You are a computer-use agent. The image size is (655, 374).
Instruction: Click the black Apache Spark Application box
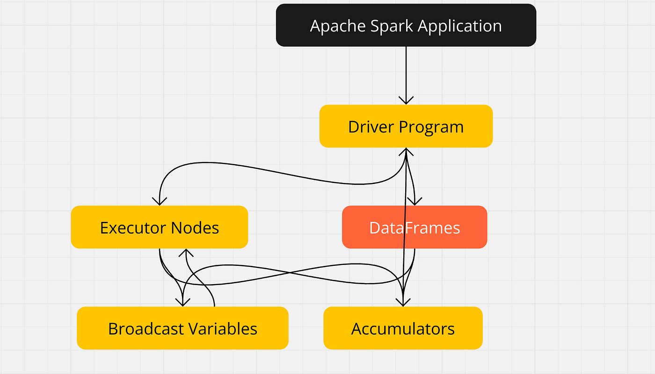(406, 25)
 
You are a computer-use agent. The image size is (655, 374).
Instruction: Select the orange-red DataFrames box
(415, 227)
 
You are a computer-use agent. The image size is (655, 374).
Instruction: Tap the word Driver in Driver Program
(371, 127)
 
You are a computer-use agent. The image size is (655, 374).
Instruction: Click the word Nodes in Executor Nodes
(195, 227)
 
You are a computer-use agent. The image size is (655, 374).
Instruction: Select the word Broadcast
(146, 329)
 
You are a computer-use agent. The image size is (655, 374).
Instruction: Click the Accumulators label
(403, 329)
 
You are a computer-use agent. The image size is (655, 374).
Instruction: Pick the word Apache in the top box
(338, 26)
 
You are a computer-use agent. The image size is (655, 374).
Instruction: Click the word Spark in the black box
(392, 26)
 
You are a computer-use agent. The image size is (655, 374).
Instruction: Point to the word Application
(459, 26)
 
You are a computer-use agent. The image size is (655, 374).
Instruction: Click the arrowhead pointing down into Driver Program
(406, 100)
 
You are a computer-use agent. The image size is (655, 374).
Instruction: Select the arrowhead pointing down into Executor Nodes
(160, 201)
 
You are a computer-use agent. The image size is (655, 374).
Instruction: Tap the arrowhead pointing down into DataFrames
(415, 201)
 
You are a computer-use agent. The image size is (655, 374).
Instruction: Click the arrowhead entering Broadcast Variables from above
(183, 302)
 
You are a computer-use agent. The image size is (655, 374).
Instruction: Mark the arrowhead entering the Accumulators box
(403, 302)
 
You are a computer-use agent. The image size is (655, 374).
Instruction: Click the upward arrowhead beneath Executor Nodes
(186, 253)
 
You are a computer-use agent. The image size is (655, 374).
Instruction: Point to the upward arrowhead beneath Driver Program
(406, 152)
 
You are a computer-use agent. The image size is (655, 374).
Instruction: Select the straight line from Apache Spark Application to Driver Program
(406, 75)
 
